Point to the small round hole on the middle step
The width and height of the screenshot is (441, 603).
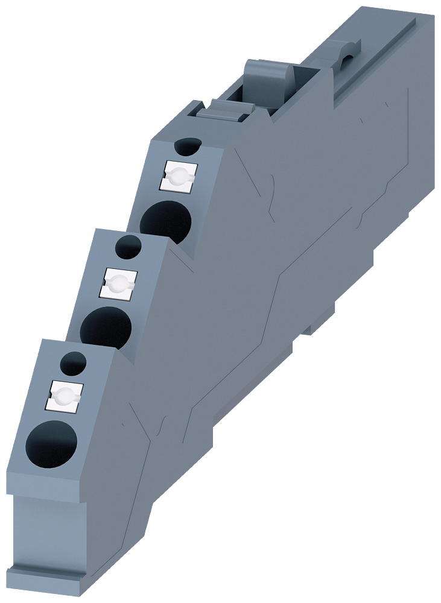128,245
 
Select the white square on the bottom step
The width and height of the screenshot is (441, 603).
62,395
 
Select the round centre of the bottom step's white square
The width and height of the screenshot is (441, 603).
62,396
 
